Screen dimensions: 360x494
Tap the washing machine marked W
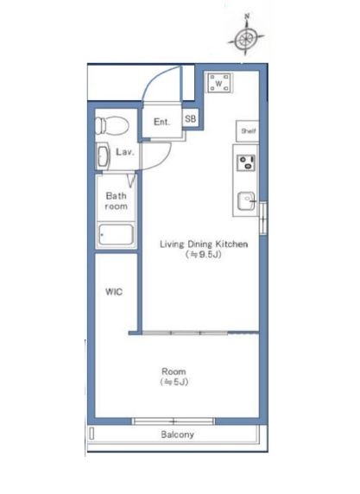click(x=219, y=83)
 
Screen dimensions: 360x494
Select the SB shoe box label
click(x=190, y=119)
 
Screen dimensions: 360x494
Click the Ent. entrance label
click(x=162, y=122)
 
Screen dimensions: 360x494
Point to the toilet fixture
click(x=112, y=125)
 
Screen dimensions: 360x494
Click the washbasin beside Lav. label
click(x=103, y=155)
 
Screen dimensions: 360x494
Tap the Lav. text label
click(x=125, y=152)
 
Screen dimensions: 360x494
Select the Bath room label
click(x=117, y=201)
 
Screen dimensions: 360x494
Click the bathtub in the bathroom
click(x=116, y=235)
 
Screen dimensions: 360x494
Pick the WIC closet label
click(x=114, y=292)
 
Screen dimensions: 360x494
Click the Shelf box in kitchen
click(x=248, y=130)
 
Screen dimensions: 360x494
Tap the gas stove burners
click(x=246, y=162)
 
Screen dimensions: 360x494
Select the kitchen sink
click(x=246, y=200)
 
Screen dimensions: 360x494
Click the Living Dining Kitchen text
click(x=204, y=244)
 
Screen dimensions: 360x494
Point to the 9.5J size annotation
click(x=203, y=255)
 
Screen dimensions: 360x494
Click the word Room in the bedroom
click(x=174, y=371)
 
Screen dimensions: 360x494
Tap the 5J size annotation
click(x=174, y=382)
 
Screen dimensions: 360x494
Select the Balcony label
click(x=177, y=434)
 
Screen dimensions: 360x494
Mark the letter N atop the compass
click(x=247, y=16)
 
